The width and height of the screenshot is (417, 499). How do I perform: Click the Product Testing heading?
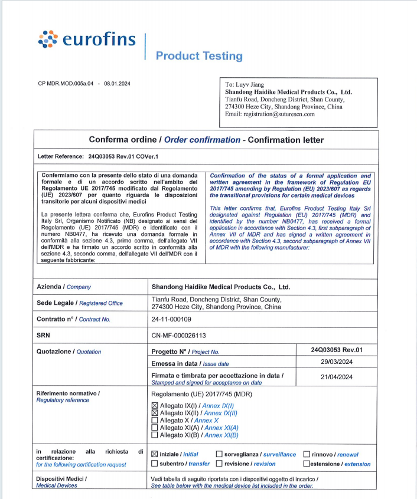coord(199,56)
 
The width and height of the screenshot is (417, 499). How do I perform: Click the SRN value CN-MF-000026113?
coord(179,335)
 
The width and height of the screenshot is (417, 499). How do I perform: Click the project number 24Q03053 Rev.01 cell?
coord(336,350)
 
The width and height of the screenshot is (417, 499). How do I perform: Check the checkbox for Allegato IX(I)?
coord(155,406)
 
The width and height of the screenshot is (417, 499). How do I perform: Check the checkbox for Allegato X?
coord(155,421)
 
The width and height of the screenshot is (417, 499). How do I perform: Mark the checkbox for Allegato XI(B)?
coord(155,435)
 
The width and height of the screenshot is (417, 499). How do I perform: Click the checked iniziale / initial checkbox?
coord(155,454)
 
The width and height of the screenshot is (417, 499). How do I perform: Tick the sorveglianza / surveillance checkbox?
coord(219,454)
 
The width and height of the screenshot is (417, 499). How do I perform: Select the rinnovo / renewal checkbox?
coord(307,454)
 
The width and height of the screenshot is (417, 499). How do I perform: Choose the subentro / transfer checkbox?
coord(155,464)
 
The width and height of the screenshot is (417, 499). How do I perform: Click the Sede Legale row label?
coord(79,303)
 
